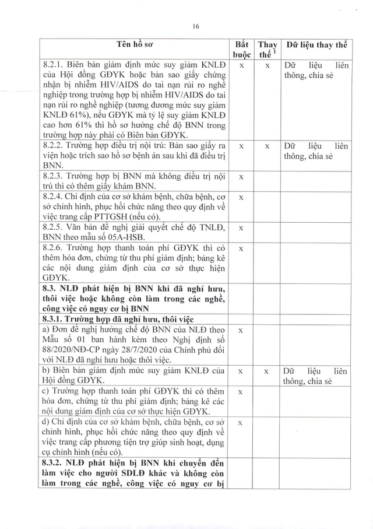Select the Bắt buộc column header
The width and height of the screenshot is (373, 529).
click(241, 50)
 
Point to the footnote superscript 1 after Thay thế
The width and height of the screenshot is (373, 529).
click(275, 51)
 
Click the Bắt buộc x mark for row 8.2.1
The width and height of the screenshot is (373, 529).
click(241, 66)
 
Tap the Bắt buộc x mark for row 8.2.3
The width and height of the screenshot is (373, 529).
click(241, 177)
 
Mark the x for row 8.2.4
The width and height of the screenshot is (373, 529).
click(241, 198)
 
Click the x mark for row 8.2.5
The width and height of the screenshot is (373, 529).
click(241, 229)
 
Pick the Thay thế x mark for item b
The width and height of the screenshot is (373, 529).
click(267, 371)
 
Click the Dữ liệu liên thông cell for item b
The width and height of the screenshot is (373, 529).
click(316, 376)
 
